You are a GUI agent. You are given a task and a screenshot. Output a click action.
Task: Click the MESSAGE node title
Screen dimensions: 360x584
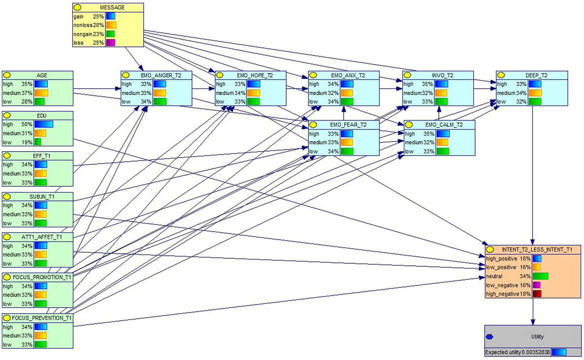(112, 8)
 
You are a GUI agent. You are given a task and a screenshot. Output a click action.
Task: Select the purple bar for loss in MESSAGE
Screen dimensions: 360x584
(110, 43)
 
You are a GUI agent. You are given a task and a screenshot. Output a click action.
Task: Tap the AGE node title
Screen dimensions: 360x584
(42, 75)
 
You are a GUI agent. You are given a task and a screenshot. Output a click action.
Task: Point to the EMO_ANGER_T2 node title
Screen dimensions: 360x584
(161, 75)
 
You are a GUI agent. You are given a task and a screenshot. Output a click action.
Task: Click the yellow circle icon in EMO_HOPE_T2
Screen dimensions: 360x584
(220, 75)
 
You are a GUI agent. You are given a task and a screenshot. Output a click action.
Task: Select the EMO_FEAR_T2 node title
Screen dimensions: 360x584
(348, 125)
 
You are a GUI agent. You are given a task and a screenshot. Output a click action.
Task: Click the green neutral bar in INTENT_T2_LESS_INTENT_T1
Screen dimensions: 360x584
(540, 276)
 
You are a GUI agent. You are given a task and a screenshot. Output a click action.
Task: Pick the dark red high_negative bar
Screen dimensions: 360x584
(537, 294)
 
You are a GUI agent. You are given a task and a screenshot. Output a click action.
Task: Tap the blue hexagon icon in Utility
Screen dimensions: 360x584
(490, 337)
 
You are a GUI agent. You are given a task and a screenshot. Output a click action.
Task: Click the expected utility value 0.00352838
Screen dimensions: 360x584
(536, 352)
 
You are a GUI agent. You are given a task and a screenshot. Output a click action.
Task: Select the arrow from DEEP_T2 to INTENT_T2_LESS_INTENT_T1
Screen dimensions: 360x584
(532, 175)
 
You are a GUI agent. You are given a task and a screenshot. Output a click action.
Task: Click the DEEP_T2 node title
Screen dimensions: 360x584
(536, 75)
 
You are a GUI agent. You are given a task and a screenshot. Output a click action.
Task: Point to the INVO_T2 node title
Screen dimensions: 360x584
(442, 75)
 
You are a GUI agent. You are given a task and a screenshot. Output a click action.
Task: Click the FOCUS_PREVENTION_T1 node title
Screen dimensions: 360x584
(41, 318)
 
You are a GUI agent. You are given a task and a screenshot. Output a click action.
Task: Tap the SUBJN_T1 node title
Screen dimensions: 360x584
(42, 197)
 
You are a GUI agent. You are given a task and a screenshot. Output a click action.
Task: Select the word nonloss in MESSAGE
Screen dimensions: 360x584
(83, 25)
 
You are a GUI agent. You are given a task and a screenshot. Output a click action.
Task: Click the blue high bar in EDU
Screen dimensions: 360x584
(44, 124)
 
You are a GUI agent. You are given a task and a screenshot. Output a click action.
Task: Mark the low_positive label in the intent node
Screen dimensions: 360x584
(501, 267)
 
